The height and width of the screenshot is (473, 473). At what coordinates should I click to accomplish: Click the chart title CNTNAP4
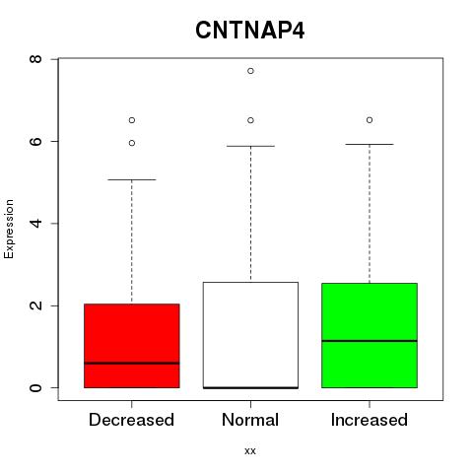[250, 31]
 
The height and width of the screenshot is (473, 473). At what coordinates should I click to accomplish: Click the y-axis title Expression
[9, 229]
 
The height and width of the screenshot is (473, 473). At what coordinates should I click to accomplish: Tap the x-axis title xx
[250, 450]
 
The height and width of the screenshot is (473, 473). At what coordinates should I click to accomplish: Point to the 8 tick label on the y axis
[35, 59]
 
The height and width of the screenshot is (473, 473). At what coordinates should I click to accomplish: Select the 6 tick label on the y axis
[35, 141]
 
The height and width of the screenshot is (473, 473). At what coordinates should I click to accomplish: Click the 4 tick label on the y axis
[35, 224]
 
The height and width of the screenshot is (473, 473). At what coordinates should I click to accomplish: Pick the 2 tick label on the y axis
[35, 305]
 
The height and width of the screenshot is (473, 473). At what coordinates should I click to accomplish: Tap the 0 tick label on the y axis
[35, 387]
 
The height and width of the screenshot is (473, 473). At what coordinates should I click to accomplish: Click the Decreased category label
[131, 420]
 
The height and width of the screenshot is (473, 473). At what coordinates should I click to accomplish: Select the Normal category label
[250, 420]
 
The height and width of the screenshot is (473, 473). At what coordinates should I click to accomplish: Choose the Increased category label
[370, 420]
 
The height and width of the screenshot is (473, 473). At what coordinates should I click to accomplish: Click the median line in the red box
[132, 363]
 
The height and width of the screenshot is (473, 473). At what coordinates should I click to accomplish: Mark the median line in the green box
[370, 341]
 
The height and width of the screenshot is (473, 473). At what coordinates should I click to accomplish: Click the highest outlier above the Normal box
[250, 71]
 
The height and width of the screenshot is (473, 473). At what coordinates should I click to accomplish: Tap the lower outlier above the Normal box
[250, 120]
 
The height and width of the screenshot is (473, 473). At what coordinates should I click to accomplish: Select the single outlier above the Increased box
[370, 120]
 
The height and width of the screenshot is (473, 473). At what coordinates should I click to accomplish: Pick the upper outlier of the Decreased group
[132, 120]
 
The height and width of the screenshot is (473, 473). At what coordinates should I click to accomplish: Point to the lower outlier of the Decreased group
[132, 143]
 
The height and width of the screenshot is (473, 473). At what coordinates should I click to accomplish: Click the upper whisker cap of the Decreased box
[132, 179]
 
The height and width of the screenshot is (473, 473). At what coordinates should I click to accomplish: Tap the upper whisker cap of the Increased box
[370, 144]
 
